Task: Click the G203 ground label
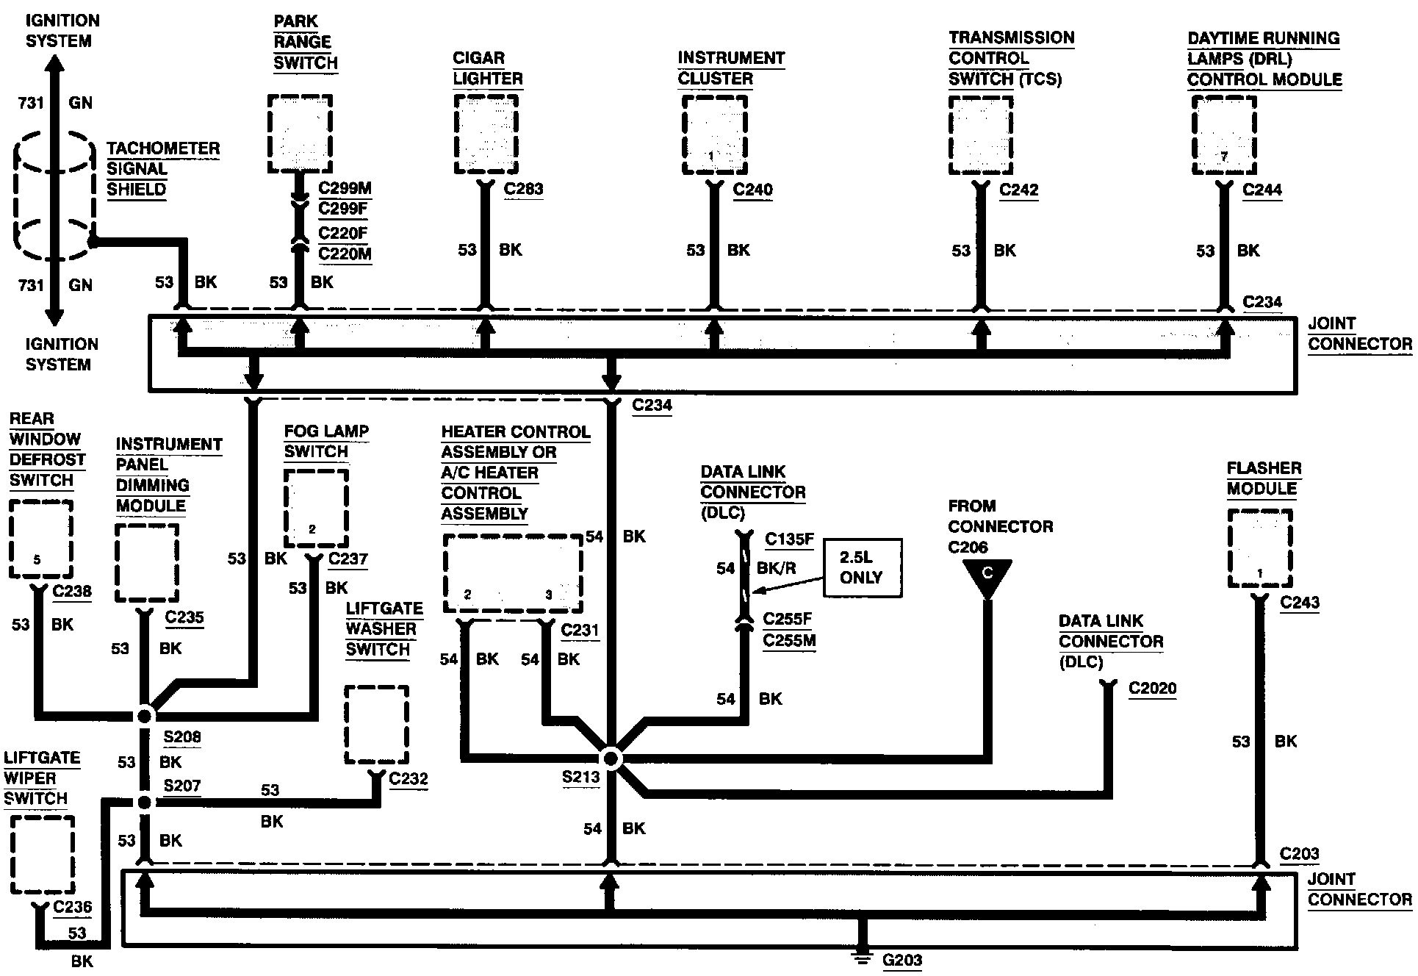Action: [x=901, y=960]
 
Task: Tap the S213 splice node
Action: [x=611, y=758]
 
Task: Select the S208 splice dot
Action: [x=145, y=715]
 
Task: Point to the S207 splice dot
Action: [x=145, y=803]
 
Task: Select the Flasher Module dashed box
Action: [x=1260, y=548]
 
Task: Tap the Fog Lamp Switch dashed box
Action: [x=316, y=509]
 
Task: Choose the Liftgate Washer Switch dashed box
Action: [x=377, y=725]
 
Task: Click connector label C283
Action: [x=523, y=189]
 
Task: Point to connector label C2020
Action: [x=1152, y=689]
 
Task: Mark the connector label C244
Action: [x=1262, y=190]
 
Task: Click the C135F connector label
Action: [x=789, y=539]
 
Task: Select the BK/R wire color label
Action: [x=776, y=568]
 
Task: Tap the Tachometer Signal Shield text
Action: [x=163, y=168]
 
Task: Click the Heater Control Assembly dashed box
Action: [x=513, y=573]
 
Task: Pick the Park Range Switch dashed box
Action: [x=300, y=134]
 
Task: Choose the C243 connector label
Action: [x=1300, y=603]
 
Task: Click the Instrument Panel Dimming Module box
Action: [x=147, y=563]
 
